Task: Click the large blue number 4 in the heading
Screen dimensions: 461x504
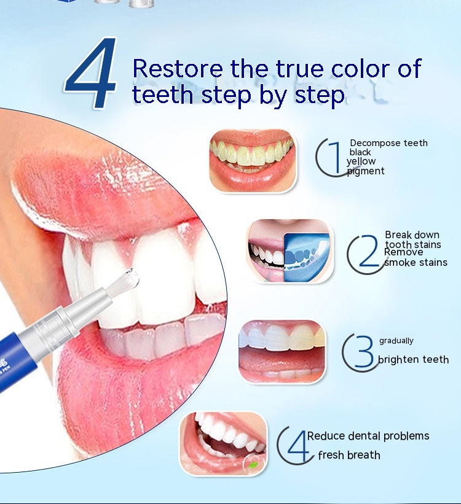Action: click(91, 73)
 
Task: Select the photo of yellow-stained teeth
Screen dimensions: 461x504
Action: click(253, 160)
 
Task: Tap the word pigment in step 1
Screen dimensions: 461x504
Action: click(366, 171)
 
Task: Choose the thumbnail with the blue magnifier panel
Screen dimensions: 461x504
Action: click(290, 251)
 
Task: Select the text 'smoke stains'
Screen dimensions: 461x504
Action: click(416, 263)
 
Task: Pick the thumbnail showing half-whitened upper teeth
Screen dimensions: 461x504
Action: click(282, 352)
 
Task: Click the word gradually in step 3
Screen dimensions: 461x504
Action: click(396, 341)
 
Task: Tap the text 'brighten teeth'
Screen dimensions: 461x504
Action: click(413, 359)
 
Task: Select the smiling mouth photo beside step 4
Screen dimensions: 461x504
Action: click(223, 444)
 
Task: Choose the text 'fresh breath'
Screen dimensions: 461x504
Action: click(349, 455)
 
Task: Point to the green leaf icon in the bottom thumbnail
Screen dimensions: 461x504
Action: click(254, 464)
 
